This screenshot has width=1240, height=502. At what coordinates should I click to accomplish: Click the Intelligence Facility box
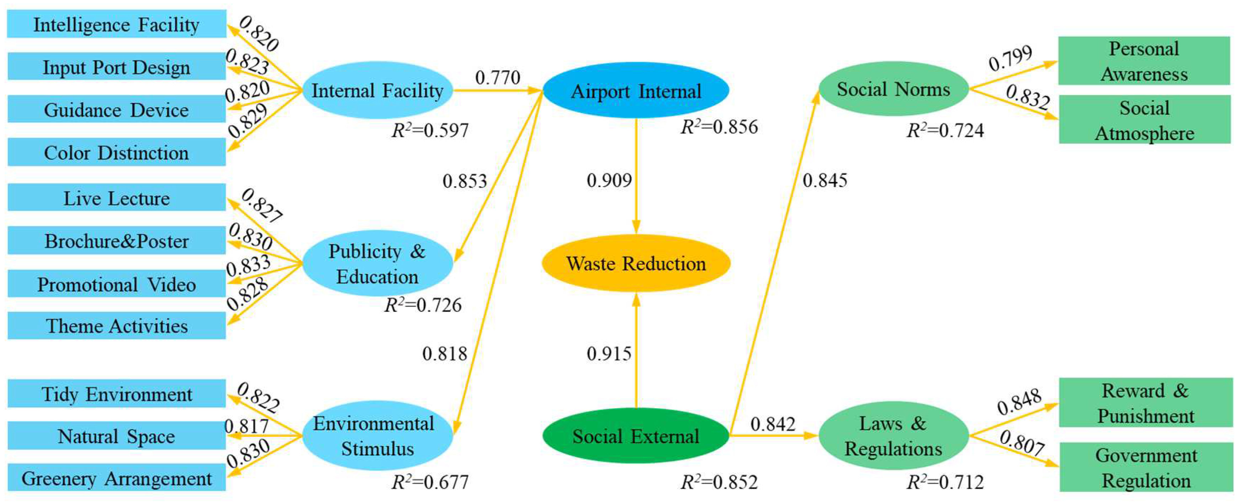(x=117, y=24)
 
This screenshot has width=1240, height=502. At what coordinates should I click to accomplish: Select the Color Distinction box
(x=117, y=152)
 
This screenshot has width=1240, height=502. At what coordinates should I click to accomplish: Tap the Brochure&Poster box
(x=117, y=240)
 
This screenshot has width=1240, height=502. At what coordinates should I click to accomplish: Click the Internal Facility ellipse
(x=377, y=90)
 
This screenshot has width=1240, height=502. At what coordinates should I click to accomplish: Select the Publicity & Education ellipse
(x=377, y=263)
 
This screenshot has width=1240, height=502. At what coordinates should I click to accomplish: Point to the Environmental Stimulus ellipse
(x=377, y=436)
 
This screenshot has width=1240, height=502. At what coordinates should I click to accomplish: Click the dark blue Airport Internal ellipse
(x=636, y=90)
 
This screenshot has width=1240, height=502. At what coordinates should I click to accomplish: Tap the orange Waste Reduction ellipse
(x=636, y=263)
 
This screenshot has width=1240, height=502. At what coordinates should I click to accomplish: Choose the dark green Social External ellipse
(x=636, y=436)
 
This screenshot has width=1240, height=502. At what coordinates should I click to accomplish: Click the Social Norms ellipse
(x=893, y=89)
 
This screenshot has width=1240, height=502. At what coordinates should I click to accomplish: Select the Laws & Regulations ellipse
(x=893, y=436)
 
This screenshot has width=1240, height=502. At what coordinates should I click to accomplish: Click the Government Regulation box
(x=1146, y=467)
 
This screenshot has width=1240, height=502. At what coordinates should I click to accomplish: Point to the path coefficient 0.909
(x=609, y=181)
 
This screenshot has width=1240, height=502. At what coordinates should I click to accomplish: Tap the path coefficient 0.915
(x=609, y=354)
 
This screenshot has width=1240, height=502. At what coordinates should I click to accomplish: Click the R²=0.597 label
(x=430, y=130)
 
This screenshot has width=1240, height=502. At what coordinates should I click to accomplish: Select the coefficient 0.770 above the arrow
(x=498, y=77)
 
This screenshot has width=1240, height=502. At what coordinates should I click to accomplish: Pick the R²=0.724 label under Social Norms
(x=945, y=130)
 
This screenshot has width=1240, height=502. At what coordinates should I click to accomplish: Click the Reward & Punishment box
(x=1146, y=403)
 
